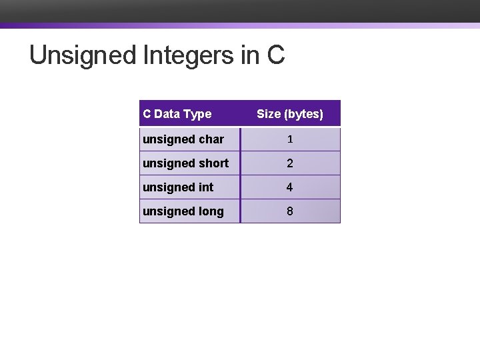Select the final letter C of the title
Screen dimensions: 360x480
click(275, 55)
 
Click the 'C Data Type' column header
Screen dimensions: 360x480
click(177, 114)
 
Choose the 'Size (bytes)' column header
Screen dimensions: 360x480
click(289, 114)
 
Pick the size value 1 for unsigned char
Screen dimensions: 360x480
click(289, 139)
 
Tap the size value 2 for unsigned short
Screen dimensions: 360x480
click(289, 163)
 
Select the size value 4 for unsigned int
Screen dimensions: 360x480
click(289, 187)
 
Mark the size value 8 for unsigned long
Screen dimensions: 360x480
click(289, 211)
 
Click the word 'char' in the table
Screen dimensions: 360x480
click(211, 139)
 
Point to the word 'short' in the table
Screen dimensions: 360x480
click(213, 163)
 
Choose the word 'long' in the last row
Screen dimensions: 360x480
click(211, 211)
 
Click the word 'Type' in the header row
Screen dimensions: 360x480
click(198, 114)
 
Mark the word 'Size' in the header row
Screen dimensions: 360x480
click(269, 114)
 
